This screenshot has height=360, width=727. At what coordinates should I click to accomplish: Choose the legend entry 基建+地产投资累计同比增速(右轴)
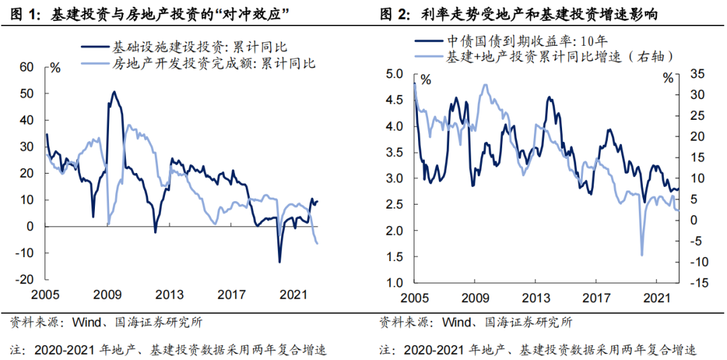559,57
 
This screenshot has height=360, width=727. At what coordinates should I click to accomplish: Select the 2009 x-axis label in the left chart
108,295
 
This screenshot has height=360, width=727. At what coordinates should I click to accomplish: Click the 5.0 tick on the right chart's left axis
394,74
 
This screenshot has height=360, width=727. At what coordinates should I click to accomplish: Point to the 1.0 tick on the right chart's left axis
394,283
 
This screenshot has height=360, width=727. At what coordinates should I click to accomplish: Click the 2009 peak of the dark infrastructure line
114,92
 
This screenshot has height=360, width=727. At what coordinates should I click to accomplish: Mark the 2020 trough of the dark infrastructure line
279,262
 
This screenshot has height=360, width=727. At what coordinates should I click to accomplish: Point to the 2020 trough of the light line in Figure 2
642,255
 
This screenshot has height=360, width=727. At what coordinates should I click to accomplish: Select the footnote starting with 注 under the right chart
537,350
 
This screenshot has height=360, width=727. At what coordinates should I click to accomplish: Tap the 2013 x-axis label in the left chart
169,295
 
